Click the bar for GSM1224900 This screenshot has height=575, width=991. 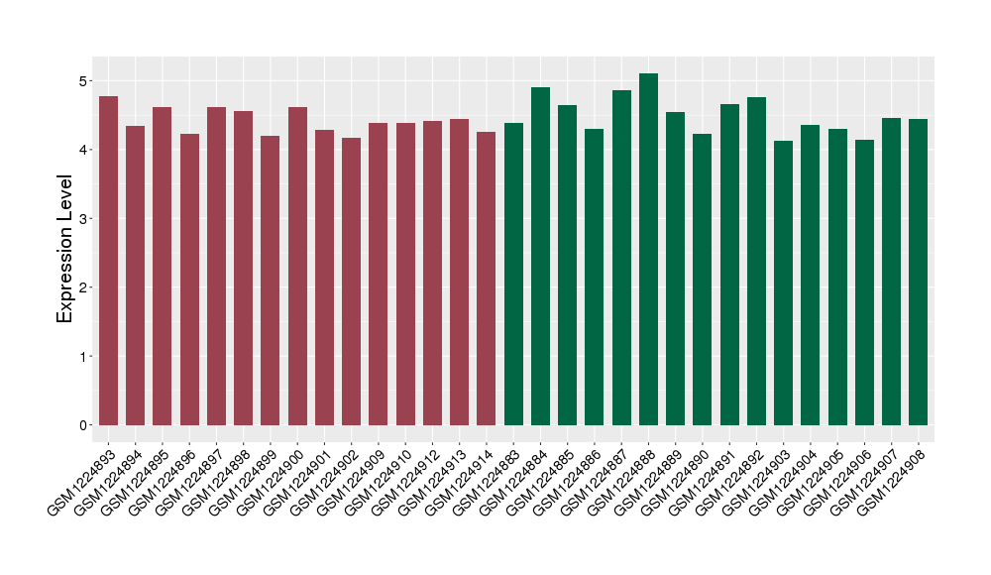(x=297, y=267)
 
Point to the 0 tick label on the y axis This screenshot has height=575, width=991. (x=83, y=425)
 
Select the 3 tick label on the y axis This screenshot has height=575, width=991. (x=83, y=218)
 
